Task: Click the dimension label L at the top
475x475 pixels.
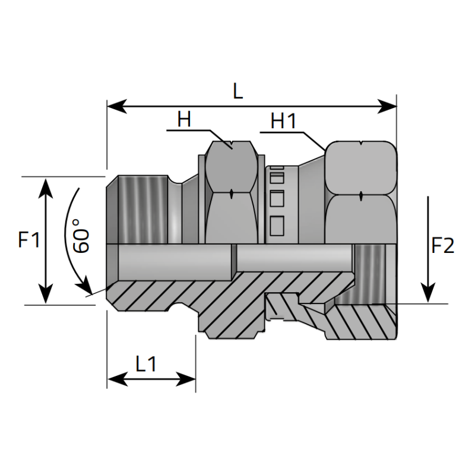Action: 238,91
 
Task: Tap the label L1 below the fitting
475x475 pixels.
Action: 145,363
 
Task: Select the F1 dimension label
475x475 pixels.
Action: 28,240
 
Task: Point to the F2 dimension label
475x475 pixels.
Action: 442,245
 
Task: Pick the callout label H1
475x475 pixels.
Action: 283,121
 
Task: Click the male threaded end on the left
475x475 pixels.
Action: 142,208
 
